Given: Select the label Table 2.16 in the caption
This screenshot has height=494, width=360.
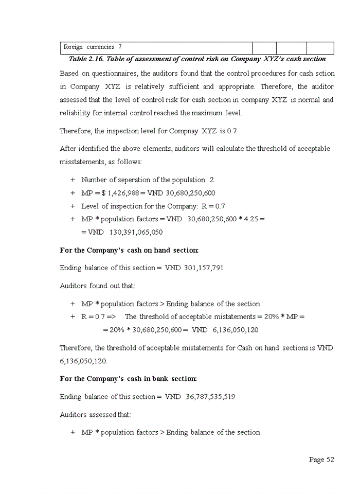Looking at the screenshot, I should point(86,59).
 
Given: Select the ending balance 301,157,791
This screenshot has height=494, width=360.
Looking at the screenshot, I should point(204,268).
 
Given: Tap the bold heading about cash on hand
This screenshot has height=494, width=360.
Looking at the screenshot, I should point(129,250).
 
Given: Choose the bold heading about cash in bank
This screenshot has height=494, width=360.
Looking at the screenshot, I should point(128,379).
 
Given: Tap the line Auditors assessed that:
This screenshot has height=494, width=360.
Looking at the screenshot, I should point(96,414).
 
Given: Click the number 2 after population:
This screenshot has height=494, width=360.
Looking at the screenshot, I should point(212,180).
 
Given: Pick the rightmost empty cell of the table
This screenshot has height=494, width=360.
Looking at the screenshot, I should point(320,47).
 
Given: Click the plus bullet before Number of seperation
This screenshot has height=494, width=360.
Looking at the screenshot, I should point(73,180).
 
